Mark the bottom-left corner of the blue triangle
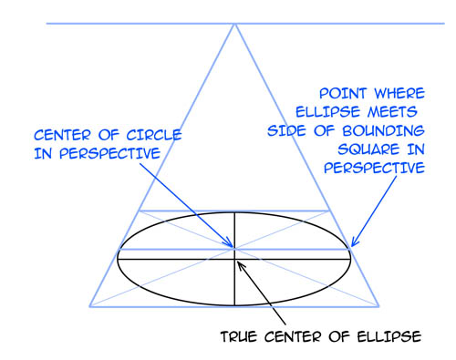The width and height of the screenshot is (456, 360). tap(88, 305)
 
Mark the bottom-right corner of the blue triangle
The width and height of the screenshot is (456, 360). tap(382, 305)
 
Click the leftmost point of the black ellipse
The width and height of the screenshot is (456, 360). tap(119, 259)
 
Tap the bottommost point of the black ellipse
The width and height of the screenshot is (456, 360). tap(235, 305)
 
